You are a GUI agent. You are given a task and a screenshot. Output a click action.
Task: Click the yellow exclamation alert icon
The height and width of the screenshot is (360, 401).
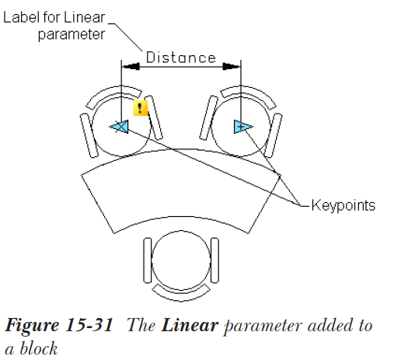(x=141, y=108)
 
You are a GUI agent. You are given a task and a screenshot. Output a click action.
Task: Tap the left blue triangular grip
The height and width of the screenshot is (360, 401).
(x=120, y=127)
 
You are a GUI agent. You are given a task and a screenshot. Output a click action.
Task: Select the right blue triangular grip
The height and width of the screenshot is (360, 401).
(x=243, y=127)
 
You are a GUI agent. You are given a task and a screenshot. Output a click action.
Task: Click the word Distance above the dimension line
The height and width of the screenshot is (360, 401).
(x=181, y=58)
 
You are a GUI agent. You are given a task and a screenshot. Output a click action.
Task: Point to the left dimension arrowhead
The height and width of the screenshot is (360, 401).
(x=131, y=67)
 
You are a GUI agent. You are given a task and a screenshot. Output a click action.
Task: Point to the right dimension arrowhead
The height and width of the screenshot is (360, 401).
(x=232, y=67)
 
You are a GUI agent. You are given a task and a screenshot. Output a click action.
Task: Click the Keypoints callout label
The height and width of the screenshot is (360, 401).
(x=343, y=205)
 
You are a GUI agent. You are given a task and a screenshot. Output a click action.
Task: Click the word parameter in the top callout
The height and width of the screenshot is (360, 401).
(x=71, y=35)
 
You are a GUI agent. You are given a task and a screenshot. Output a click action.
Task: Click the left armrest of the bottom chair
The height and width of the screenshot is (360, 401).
(x=148, y=260)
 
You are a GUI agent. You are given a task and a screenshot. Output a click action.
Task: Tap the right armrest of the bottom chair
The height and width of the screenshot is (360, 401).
(x=214, y=260)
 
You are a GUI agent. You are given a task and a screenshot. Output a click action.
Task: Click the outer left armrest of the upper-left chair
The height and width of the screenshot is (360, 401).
(x=89, y=135)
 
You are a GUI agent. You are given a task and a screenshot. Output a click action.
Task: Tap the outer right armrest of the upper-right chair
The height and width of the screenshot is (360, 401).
(x=274, y=135)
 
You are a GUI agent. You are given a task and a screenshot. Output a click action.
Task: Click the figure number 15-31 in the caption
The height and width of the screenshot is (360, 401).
(x=89, y=325)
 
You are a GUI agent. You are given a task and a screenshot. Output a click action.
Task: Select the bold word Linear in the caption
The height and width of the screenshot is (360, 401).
(x=190, y=325)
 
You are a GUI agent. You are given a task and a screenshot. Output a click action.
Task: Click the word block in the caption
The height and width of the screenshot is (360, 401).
(x=38, y=348)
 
